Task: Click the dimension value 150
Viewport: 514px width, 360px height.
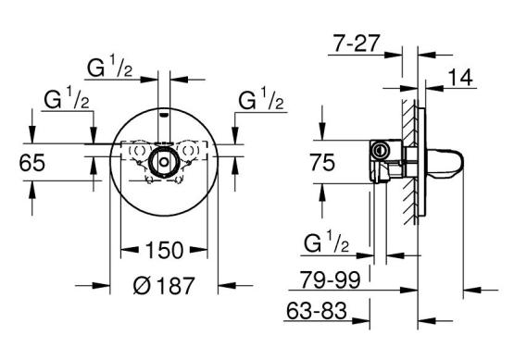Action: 164,250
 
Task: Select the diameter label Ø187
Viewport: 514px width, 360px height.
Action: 164,285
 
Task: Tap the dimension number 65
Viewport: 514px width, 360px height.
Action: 31,163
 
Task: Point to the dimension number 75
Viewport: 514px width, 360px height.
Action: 322,163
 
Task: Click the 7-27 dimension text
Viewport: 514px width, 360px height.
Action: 356,43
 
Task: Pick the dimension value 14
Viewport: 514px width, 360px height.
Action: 460,78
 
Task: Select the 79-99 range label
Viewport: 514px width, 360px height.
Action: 331,279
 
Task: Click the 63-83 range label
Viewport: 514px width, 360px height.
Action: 317,310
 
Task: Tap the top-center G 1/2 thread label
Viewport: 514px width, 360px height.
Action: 109,68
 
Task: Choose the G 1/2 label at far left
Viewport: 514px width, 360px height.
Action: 67,99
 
